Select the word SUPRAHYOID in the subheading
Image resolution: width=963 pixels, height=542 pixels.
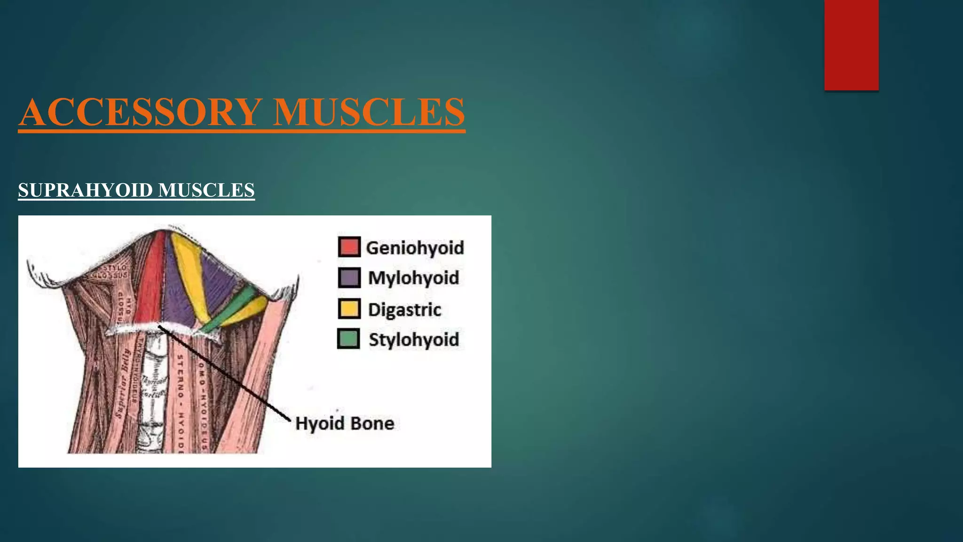(x=86, y=190)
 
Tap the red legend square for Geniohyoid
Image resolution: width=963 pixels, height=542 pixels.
(x=349, y=247)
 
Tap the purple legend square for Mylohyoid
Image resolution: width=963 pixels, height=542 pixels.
(x=349, y=278)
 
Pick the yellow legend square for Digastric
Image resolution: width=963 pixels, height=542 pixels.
(x=349, y=309)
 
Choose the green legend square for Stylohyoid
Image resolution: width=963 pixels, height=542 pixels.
(x=348, y=339)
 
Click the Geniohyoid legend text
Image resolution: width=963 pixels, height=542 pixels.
(x=415, y=248)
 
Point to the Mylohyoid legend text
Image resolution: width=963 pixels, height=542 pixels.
(x=413, y=278)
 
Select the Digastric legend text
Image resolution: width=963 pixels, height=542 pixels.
(x=404, y=310)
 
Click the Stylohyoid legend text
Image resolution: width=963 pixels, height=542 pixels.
(x=414, y=340)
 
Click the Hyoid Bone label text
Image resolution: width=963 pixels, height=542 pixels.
(x=345, y=423)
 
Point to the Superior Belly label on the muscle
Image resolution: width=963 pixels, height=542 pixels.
(x=123, y=383)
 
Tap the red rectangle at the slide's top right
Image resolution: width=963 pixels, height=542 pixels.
(x=851, y=45)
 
